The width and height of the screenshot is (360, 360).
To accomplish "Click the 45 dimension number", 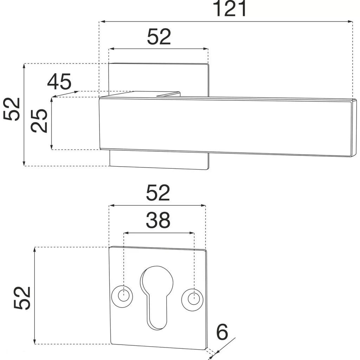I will tap(59, 82).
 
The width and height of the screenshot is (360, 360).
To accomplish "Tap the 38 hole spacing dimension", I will tap(158, 220).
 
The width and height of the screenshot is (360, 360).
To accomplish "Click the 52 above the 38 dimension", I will tap(158, 193).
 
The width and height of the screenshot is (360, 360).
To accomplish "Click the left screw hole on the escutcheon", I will tap(122, 296).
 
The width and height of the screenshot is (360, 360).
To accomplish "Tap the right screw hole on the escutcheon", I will tap(193, 298).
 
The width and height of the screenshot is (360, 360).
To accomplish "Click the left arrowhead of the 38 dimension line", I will tap(125, 233).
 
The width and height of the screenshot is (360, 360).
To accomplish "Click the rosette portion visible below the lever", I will tap(158, 160).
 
